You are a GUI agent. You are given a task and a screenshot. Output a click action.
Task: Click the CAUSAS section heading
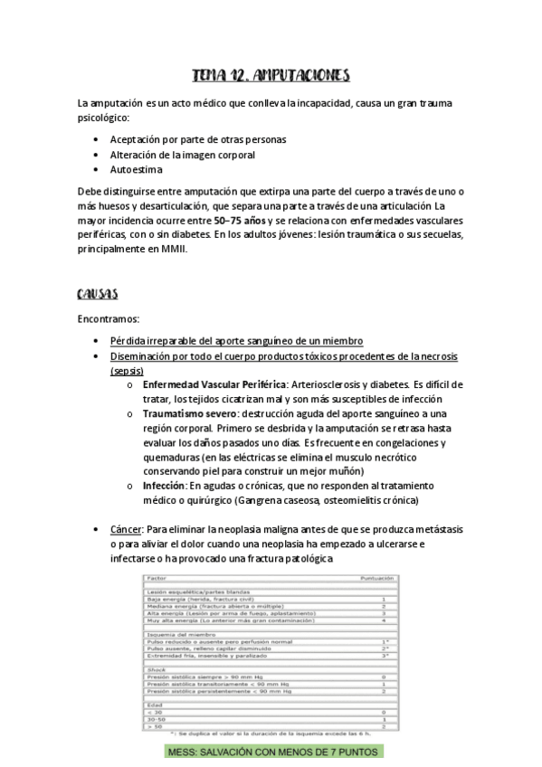100,294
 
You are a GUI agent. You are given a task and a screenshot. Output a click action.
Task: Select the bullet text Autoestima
136,169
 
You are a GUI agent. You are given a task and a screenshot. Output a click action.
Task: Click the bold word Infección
166,486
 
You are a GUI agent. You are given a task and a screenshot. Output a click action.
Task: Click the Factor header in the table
158,576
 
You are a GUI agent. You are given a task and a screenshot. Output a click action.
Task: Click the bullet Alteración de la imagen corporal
170,155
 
